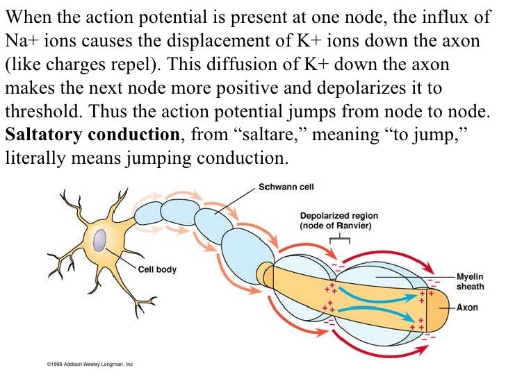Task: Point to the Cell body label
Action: pos(157,269)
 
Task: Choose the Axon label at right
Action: pos(467,307)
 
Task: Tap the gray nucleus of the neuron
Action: pos(101,241)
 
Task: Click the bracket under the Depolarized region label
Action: pos(340,238)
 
